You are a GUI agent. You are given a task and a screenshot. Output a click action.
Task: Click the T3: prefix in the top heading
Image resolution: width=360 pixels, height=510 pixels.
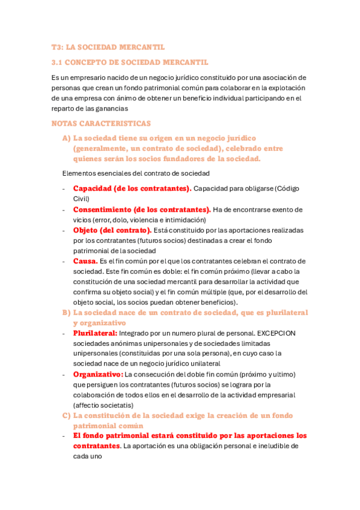[58, 47]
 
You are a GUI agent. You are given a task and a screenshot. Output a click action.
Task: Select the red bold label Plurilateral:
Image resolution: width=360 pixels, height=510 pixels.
[95, 333]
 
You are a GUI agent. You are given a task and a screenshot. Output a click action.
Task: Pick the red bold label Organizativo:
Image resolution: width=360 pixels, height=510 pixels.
[97, 374]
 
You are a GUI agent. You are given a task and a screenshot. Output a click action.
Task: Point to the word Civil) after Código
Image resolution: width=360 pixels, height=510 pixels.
[81, 198]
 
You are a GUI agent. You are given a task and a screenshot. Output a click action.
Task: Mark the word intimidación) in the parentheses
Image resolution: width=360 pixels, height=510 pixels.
[184, 220]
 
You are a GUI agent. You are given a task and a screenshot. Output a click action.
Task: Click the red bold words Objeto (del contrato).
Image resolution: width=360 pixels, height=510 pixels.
[112, 230]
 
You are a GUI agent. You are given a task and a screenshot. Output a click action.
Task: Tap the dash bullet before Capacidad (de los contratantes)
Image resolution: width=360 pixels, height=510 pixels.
[64, 189]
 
